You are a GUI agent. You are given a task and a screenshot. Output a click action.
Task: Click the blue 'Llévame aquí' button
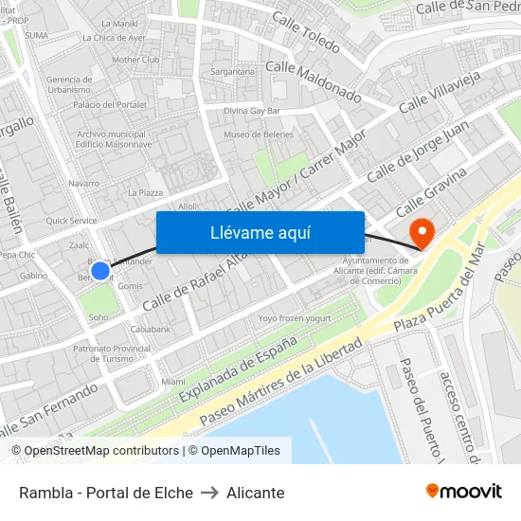[260, 232]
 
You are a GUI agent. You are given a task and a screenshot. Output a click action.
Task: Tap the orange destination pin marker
[419, 232]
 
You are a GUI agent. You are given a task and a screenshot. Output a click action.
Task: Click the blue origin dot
[99, 271]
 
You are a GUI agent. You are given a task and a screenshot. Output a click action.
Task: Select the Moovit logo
[464, 491]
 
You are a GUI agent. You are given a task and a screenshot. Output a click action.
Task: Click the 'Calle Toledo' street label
[305, 31]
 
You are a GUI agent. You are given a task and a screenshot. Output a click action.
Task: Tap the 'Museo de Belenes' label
[259, 135]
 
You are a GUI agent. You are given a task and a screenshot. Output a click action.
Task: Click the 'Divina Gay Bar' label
[252, 111]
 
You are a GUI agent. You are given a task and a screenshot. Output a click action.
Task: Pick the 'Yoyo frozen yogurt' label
[295, 318]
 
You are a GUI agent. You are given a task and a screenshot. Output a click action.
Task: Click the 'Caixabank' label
[151, 329]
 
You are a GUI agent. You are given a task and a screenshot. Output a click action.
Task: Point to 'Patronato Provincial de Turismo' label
[112, 353]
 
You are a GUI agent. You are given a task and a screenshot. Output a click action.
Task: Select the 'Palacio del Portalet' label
[110, 104]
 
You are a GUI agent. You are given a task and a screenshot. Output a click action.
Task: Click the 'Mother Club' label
[135, 59]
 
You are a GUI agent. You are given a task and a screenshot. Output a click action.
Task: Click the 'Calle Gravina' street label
[431, 191]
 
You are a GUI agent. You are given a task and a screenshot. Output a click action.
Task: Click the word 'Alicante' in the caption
[256, 493]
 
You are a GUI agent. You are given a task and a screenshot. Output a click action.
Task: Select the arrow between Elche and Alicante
[210, 493]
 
